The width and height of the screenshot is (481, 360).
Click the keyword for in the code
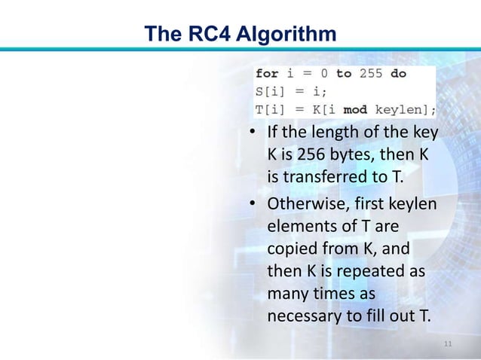click(x=266, y=74)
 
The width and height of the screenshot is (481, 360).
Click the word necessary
click(x=302, y=312)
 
